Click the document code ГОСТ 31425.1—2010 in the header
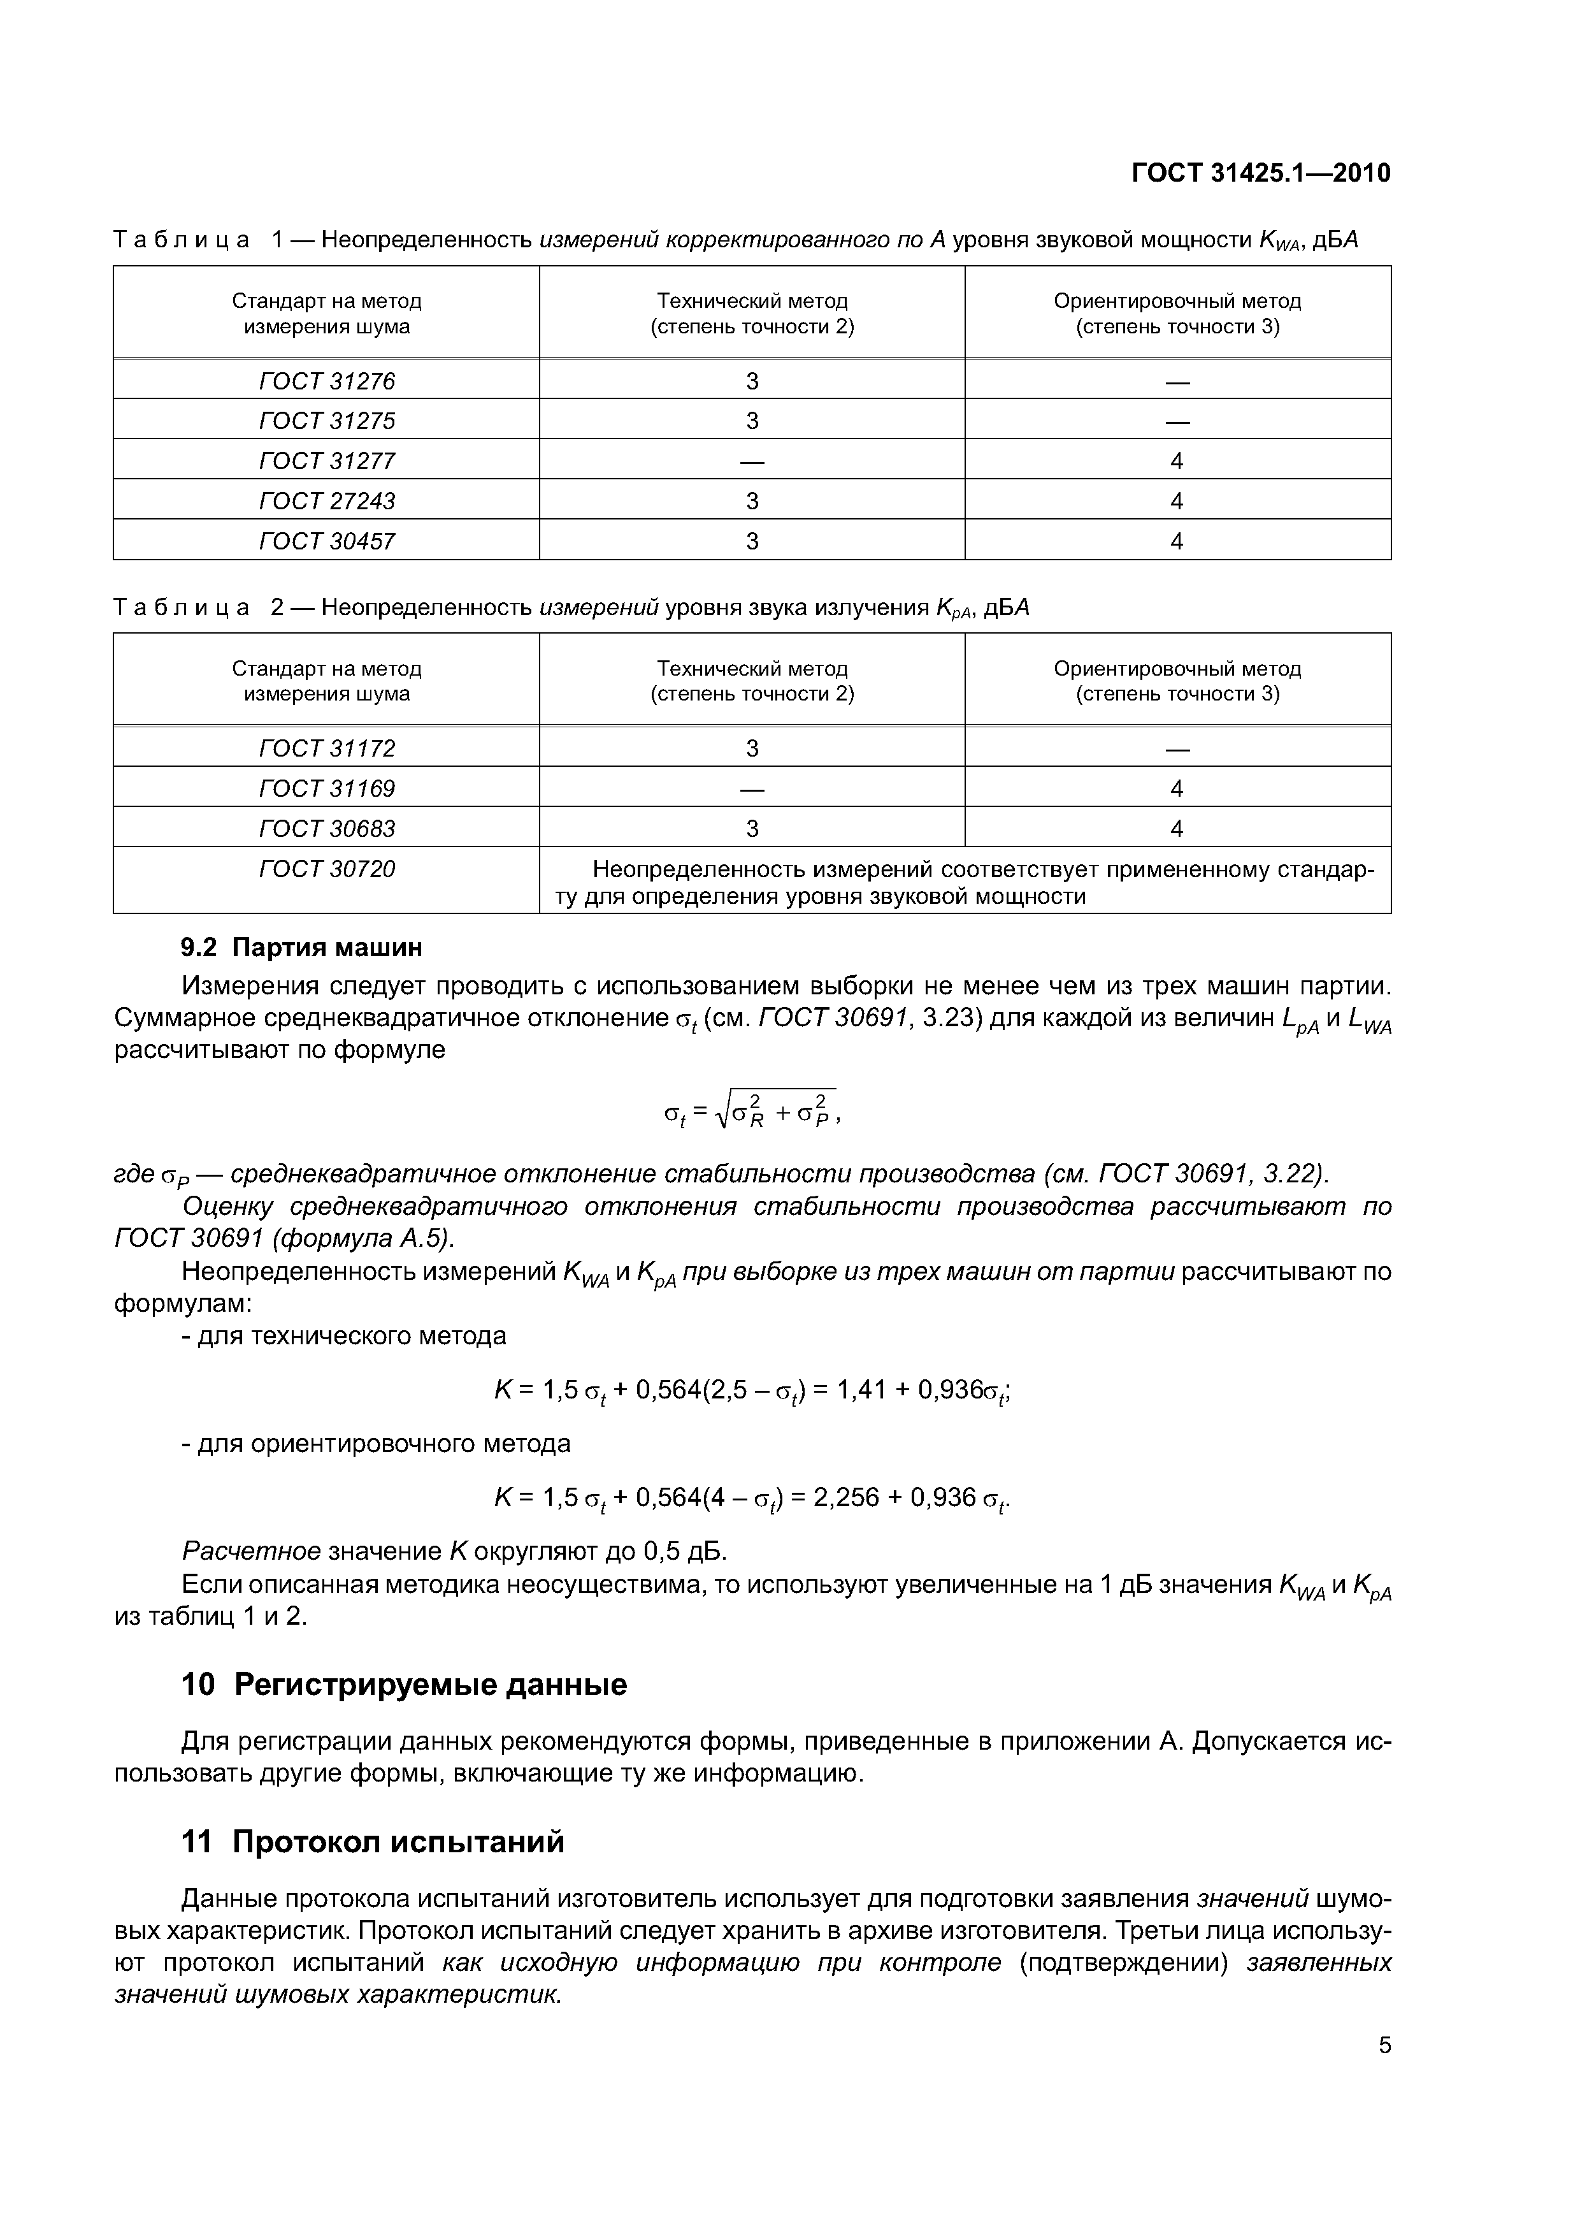(1261, 173)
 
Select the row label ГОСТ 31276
(327, 381)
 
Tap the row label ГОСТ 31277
(327, 461)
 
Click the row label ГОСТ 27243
(327, 500)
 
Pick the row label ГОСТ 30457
(327, 541)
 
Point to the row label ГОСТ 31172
(327, 748)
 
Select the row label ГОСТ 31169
(327, 788)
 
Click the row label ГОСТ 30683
(327, 828)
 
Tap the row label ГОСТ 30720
(327, 869)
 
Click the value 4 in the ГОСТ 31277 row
(1177, 461)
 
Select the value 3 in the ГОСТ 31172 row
(752, 748)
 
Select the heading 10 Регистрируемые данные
(404, 1685)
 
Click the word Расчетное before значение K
(251, 1550)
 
